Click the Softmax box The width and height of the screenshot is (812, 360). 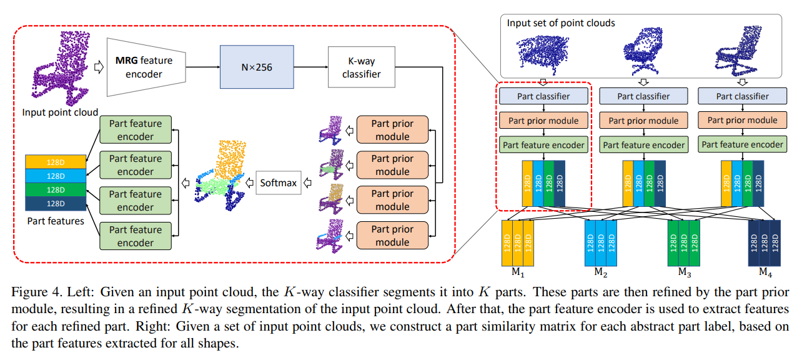[x=278, y=183]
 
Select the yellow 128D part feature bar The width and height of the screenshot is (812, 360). [x=55, y=162]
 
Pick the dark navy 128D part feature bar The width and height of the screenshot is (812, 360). [x=55, y=203]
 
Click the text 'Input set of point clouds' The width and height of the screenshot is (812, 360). [x=560, y=23]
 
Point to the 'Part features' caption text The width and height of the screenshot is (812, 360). [x=55, y=221]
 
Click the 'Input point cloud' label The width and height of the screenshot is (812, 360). [x=60, y=112]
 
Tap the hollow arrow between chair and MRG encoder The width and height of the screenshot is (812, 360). [x=97, y=67]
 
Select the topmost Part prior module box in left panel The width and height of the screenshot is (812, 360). [x=392, y=130]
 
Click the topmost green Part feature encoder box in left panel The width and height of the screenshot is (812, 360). [x=135, y=130]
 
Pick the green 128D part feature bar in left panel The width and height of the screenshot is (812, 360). [x=55, y=189]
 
